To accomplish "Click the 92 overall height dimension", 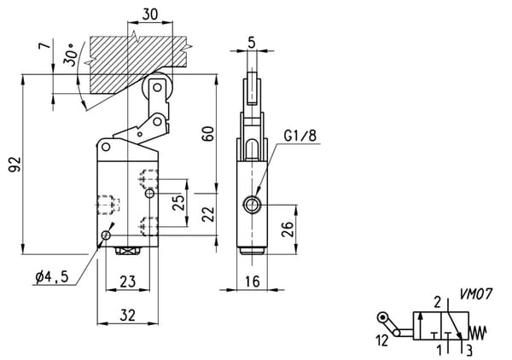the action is coord(15,164).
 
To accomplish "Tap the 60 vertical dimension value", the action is coord(208,133).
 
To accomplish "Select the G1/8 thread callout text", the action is coord(300,136).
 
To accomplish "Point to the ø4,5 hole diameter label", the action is coord(52,277).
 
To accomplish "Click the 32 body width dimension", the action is coord(127,316).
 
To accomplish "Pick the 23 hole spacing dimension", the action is coord(127,282).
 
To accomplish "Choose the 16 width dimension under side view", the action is coord(253,282).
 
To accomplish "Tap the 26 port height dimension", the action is coord(288,229).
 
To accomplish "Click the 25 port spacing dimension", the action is coord(178,202).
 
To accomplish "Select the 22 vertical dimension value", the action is coord(208,214).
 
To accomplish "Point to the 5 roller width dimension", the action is coord(252,43).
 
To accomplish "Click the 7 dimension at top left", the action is coord(45,44).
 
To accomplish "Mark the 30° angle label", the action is coord(71,55).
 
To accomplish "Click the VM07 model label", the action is coord(476,294).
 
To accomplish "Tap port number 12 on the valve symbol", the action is coord(382,340).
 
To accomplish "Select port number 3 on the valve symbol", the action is coord(468,351).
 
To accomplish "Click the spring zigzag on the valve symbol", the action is coord(478,333).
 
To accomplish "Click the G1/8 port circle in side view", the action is coord(251,205).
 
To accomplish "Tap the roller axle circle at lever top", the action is coord(157,88).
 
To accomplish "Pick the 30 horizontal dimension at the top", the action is coord(150,14).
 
